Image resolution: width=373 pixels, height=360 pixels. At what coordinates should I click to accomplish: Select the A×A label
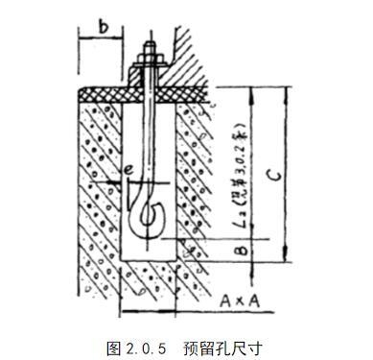[x=241, y=299]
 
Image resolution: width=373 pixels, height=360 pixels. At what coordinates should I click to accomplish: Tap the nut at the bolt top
[x=152, y=65]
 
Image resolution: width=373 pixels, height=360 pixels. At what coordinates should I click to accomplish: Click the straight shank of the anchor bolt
[x=152, y=134]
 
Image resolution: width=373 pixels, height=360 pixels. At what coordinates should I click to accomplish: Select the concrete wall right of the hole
[x=198, y=173]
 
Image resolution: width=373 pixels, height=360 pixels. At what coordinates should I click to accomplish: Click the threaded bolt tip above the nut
[x=152, y=48]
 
